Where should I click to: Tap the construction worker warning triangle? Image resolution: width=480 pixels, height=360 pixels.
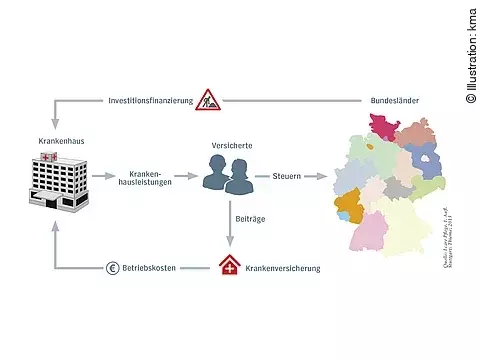tap(208, 99)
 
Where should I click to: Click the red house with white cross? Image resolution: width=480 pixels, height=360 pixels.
tap(229, 267)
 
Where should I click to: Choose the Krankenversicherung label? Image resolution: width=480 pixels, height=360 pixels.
tap(282, 268)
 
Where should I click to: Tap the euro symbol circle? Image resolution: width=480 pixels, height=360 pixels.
tap(112, 268)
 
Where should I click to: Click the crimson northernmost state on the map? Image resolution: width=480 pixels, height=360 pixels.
tap(379, 127)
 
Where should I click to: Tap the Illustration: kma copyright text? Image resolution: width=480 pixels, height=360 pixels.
tap(470, 51)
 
